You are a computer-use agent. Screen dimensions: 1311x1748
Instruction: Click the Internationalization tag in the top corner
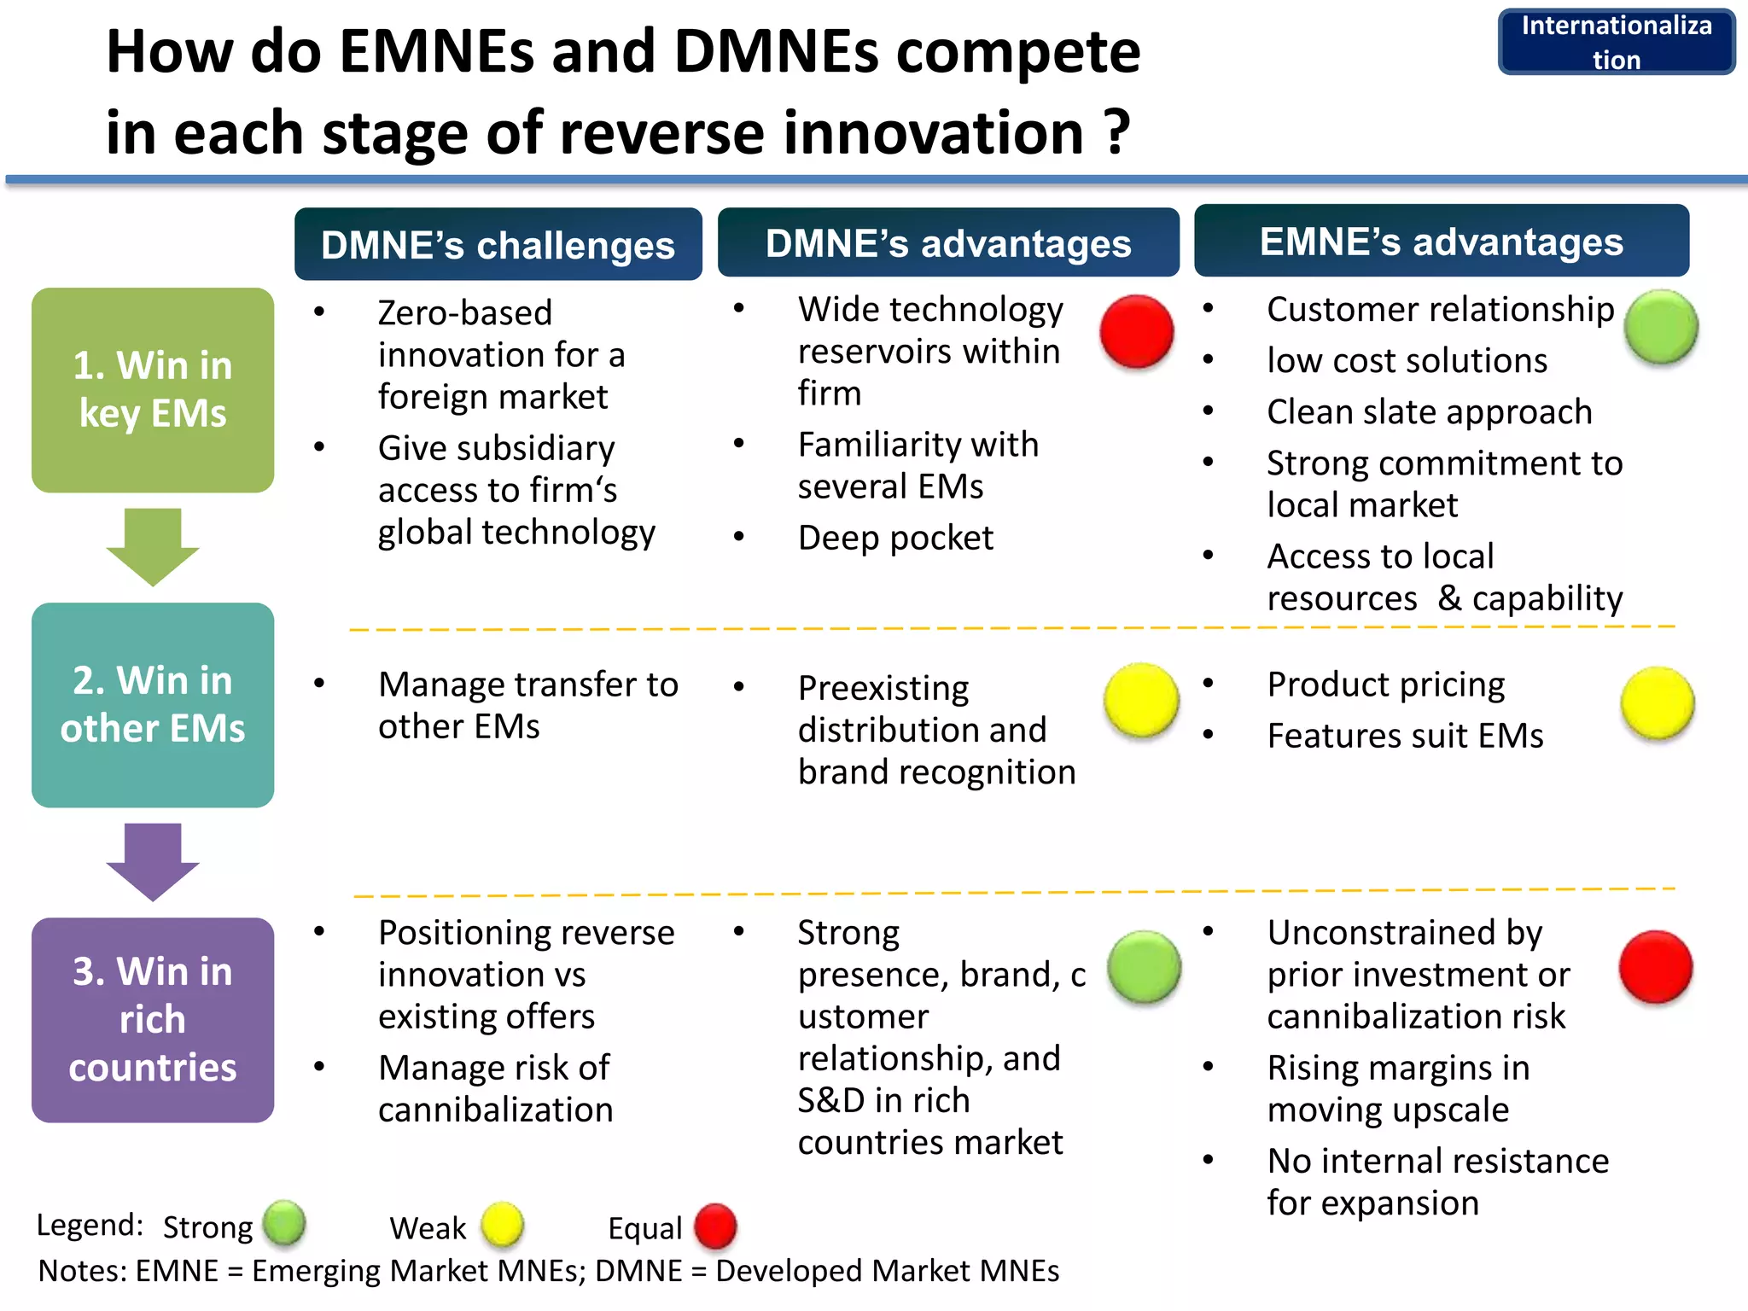pyautogui.click(x=1616, y=42)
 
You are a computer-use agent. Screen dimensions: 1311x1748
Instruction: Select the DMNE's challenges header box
pyautogui.click(x=498, y=245)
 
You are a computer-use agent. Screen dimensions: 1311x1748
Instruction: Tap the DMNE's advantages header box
pyautogui.click(x=947, y=243)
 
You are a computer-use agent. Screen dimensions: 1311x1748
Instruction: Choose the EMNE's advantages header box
pyautogui.click(x=1441, y=242)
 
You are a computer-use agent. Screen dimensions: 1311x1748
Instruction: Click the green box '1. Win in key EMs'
pyautogui.click(x=153, y=390)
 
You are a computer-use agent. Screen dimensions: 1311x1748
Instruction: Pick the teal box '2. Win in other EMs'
pyautogui.click(x=153, y=705)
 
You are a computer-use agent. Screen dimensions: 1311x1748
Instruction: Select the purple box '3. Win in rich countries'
pyautogui.click(x=153, y=1020)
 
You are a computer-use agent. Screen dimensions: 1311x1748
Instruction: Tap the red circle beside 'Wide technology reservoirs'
pyautogui.click(x=1136, y=332)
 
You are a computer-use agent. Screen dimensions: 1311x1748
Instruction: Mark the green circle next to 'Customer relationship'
pyautogui.click(x=1660, y=327)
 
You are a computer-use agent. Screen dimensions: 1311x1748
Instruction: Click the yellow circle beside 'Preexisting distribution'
pyautogui.click(x=1141, y=701)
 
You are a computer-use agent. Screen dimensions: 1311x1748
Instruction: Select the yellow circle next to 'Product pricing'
pyautogui.click(x=1658, y=703)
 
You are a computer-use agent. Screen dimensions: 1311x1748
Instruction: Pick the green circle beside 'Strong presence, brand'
pyautogui.click(x=1144, y=967)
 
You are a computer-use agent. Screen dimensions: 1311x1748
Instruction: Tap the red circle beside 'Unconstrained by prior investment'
pyautogui.click(x=1656, y=967)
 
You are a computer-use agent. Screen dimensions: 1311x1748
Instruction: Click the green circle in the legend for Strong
pyautogui.click(x=284, y=1223)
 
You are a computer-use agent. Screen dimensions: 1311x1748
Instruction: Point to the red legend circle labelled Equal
pyautogui.click(x=715, y=1227)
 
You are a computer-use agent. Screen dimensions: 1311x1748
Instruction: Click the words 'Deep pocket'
pyautogui.click(x=895, y=538)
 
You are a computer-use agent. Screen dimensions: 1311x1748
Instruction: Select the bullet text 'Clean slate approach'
pyautogui.click(x=1429, y=411)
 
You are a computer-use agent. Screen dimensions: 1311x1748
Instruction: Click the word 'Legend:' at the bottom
pyautogui.click(x=90, y=1225)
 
